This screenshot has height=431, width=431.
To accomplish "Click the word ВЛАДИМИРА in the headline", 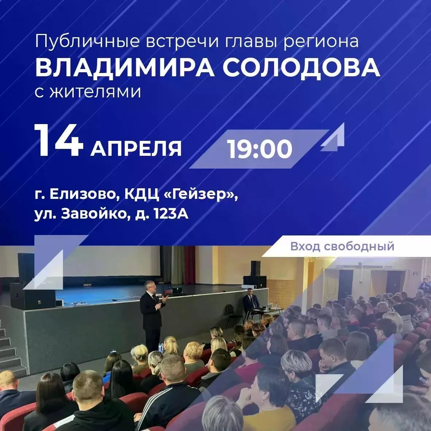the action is coord(125,68).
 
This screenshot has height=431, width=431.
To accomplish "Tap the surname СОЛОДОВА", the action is coord(301,68).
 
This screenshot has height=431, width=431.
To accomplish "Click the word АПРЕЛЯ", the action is coord(136,149).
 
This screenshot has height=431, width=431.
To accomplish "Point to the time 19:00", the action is coord(259,149).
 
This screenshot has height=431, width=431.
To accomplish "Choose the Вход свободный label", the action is coord(342,246).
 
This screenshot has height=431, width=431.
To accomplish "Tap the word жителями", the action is coord(95,92).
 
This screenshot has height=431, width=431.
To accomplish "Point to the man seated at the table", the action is coord(251,303).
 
